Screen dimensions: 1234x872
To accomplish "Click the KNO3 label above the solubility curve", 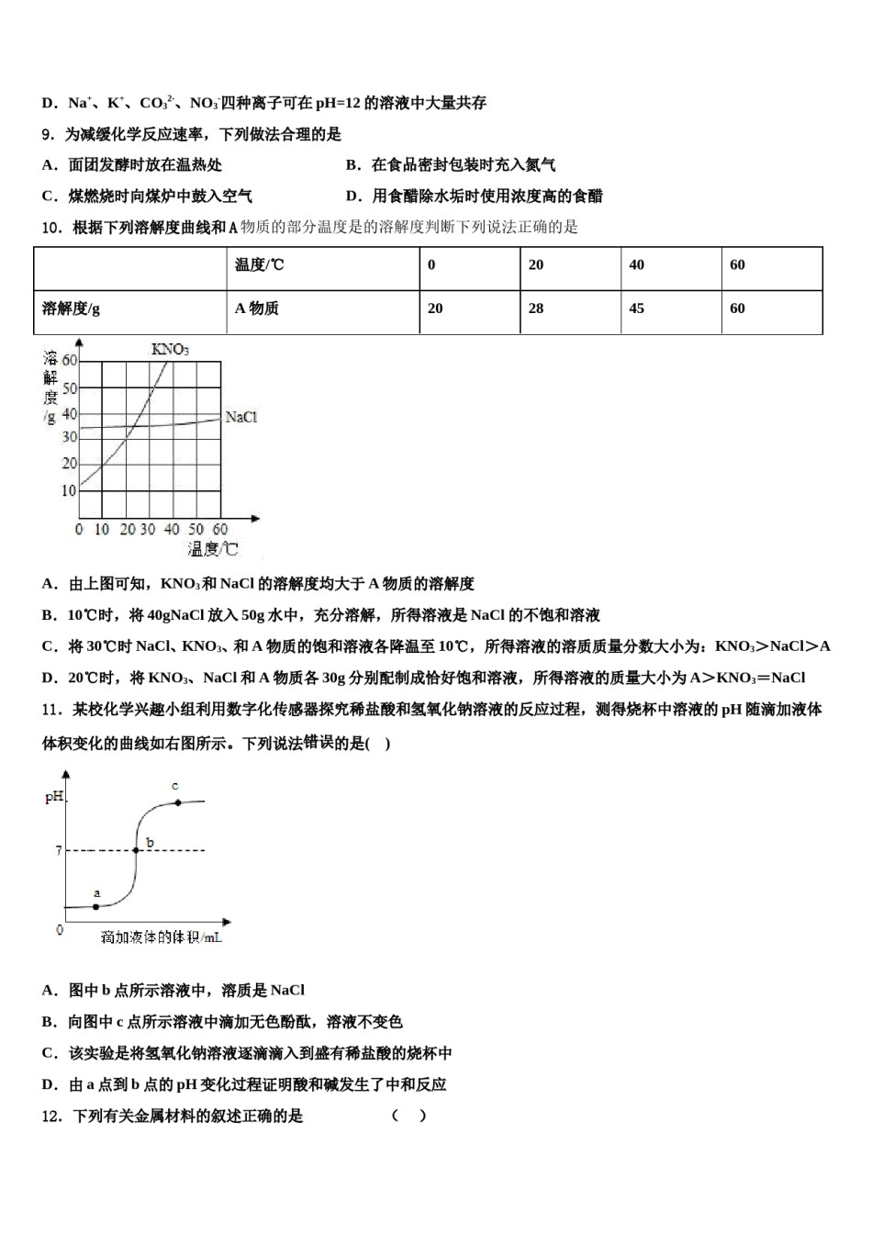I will [x=170, y=349].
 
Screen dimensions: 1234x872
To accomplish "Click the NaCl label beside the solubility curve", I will [x=241, y=417].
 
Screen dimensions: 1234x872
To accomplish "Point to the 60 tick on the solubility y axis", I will [x=70, y=361].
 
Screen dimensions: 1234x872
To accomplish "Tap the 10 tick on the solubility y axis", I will [x=69, y=490].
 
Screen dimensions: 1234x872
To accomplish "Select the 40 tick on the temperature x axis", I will [x=172, y=530].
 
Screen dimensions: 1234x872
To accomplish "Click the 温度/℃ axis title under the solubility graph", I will [x=212, y=549].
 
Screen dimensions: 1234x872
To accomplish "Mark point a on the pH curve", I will [x=96, y=906].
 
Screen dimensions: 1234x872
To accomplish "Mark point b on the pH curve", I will [x=137, y=850].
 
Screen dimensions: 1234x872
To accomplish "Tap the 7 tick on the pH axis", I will [x=58, y=851].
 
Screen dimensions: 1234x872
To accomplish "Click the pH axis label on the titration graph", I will [x=54, y=797].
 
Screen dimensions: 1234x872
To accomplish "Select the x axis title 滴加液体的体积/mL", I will [x=162, y=937].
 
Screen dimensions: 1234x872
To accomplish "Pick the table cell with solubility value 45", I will [x=637, y=308].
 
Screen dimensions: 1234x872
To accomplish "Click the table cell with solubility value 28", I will [x=536, y=308].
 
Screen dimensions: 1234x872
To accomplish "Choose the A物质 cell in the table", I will [x=257, y=308].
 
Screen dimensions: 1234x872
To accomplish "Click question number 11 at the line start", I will [x=51, y=709].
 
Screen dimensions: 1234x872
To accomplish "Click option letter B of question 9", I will [x=352, y=165].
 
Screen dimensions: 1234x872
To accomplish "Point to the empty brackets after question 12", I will [x=408, y=1116].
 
